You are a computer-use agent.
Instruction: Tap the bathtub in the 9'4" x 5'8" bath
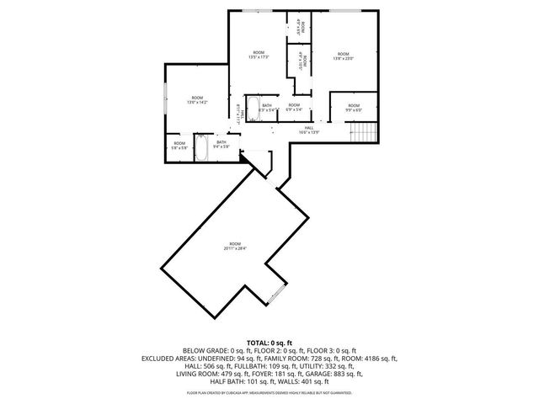tap(202, 147)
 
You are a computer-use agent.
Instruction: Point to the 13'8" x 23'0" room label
tap(342, 56)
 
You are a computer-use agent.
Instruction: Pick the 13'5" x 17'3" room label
tap(259, 56)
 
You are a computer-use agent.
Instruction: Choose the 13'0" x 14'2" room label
tap(196, 100)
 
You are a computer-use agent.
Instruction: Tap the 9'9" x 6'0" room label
tap(354, 108)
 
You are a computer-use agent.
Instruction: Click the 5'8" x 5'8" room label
tap(179, 145)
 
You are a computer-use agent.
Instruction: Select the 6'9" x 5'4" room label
tap(293, 107)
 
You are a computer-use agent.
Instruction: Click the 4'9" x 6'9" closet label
tap(300, 26)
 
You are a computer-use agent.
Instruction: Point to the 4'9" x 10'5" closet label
tap(300, 63)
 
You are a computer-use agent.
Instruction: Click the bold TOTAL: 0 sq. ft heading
tap(269, 343)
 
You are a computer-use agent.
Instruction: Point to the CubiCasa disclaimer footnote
tap(269, 392)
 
